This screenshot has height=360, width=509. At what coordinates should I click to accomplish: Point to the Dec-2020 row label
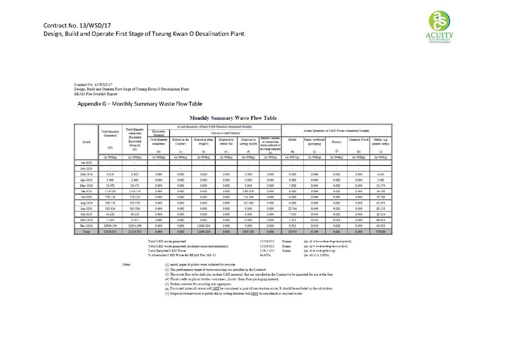point(86,225)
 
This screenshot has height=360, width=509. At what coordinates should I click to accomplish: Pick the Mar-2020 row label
point(86,174)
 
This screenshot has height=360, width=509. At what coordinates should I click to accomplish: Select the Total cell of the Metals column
point(292,232)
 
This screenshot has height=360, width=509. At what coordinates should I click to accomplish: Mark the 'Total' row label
point(86,232)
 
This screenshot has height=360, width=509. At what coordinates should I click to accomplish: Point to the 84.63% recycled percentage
point(265,255)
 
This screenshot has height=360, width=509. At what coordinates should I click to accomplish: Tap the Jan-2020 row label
point(86,161)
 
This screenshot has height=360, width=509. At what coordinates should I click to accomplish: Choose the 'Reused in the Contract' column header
point(181,141)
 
